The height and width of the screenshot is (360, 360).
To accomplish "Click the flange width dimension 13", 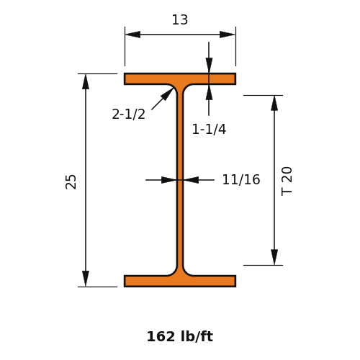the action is [180, 20].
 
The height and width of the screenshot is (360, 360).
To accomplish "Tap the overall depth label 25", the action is [71, 181].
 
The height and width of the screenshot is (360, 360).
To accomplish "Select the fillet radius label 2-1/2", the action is [129, 114].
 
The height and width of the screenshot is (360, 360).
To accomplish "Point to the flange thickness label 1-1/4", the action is [209, 129].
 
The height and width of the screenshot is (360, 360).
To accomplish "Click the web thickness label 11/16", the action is [241, 179].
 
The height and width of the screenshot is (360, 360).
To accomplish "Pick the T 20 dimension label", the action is [287, 181].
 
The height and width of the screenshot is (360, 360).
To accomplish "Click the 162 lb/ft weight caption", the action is [180, 336].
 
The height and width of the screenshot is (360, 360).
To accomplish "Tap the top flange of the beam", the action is [180, 79].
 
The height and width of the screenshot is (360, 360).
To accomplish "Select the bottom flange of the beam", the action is [180, 281].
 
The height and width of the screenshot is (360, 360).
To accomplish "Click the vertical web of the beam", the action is [180, 180].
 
